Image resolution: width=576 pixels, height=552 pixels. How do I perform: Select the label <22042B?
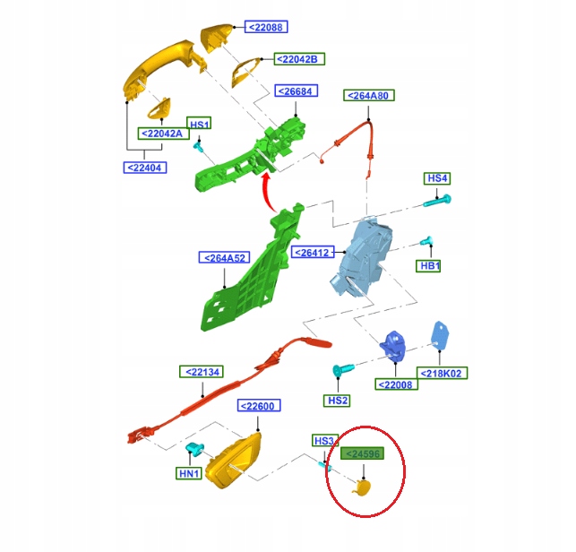[297, 59]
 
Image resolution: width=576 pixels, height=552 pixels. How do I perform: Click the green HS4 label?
[436, 179]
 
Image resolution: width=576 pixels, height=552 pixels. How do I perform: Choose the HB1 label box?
[431, 266]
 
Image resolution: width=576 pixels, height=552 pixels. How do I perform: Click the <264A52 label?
[224, 258]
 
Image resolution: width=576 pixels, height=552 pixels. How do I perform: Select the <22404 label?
[143, 167]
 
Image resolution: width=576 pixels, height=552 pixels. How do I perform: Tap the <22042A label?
[161, 134]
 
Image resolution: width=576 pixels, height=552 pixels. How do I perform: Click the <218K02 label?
[443, 373]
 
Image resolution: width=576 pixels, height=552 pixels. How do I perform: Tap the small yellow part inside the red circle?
[362, 487]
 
